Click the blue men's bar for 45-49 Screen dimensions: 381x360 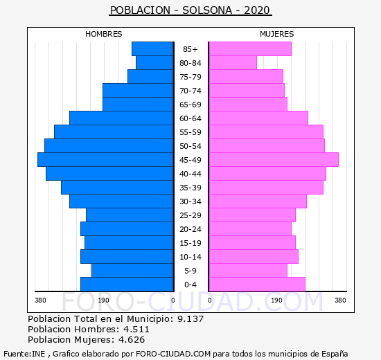coord(105,160)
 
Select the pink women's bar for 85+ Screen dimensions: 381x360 coord(250,49)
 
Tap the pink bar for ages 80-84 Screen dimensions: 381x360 coord(233,63)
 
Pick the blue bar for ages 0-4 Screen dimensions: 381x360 coord(127,285)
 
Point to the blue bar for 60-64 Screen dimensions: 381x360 coord(121,118)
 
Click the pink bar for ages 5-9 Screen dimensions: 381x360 coord(248,271)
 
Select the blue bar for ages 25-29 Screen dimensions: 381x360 coord(130,215)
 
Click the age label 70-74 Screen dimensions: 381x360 coord(190,91)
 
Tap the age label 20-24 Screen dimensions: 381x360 coord(190,229)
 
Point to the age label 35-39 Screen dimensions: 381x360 coord(190,188)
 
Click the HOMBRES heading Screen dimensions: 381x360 coord(104,34)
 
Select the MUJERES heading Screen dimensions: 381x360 coord(277,34)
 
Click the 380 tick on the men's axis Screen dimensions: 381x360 coord(40,300)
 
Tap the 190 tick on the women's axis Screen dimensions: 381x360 coord(276,300)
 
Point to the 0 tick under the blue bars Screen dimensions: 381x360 coord(173,300)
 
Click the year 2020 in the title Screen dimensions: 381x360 coord(257,10)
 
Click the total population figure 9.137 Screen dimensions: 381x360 coord(190,318)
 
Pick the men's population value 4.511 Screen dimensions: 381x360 coord(136,329)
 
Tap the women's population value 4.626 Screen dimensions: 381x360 coord(132,340)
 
